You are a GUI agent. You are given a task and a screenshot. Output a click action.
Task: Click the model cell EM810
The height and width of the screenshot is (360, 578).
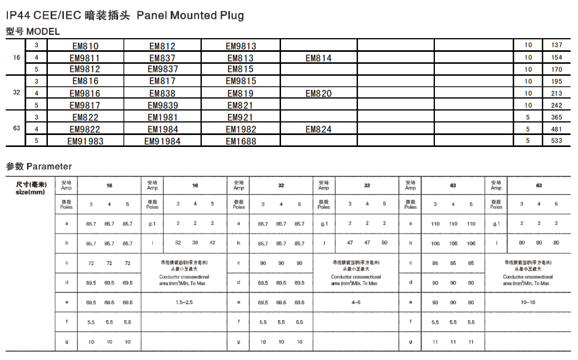[x=86, y=46]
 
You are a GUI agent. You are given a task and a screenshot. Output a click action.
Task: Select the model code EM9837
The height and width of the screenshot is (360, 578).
[x=162, y=69]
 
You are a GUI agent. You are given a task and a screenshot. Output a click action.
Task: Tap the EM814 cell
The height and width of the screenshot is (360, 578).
[x=318, y=58]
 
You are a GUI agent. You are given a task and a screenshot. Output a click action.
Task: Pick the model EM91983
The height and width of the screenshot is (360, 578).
[x=86, y=141]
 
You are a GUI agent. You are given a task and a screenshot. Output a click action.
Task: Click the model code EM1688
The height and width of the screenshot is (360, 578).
[x=241, y=141]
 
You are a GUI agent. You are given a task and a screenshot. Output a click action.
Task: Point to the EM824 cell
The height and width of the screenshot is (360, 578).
[x=318, y=129]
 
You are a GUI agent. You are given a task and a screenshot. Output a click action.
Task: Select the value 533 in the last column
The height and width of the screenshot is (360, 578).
[x=556, y=141]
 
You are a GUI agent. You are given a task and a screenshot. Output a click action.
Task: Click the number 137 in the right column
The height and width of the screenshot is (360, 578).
[x=556, y=46]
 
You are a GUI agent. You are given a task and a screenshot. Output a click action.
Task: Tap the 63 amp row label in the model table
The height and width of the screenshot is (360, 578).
[x=17, y=129]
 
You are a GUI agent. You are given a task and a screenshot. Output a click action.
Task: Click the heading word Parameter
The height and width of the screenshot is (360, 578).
[x=49, y=167]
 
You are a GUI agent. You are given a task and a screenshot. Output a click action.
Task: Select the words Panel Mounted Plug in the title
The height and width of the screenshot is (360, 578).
[x=190, y=15]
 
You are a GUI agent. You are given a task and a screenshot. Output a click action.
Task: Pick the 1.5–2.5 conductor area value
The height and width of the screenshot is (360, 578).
[x=185, y=302]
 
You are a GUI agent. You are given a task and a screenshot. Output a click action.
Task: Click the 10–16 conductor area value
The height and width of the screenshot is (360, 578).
[x=528, y=302]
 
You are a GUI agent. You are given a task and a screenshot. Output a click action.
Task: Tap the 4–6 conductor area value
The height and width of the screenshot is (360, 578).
[x=356, y=302]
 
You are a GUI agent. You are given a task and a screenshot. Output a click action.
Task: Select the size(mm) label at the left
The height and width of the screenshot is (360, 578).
[x=30, y=193]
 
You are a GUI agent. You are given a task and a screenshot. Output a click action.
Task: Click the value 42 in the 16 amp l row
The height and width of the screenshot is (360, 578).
[x=213, y=243]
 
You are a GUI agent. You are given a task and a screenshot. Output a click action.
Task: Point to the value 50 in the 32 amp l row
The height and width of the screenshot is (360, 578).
[x=384, y=243]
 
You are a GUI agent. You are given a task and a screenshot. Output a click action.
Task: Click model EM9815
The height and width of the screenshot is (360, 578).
[x=241, y=81]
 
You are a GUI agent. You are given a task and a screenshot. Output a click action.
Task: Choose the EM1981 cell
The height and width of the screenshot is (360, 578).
[x=162, y=117]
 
